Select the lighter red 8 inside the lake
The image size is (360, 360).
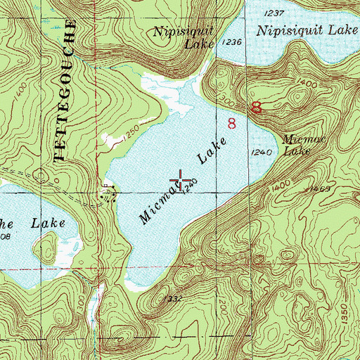coord(232,124)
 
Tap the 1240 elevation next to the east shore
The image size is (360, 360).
coord(260,152)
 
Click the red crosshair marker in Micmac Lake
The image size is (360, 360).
coord(180,180)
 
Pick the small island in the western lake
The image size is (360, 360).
coord(46,245)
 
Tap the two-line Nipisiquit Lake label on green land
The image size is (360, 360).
coord(185,37)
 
